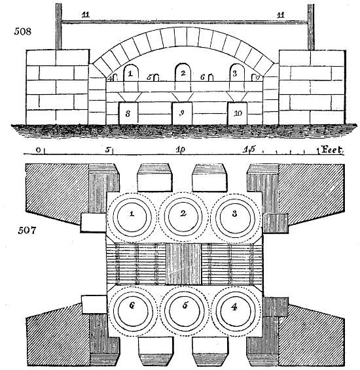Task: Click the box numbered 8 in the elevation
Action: [129, 114]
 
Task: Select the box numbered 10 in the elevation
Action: [238, 114]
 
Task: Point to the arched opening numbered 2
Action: [183, 73]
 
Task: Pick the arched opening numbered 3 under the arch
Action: [235, 73]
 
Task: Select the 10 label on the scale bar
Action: [180, 150]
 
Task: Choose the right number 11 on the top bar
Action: [281, 14]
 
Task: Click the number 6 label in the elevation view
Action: [203, 77]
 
